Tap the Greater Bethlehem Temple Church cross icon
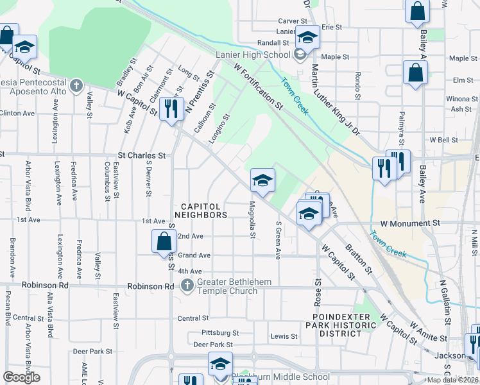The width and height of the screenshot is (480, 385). pos(187,285)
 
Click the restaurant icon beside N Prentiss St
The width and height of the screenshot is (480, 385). pos(171,109)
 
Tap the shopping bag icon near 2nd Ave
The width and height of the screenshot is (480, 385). pos(164,243)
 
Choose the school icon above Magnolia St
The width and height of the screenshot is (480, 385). pos(262,181)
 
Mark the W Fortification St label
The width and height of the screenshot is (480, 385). pos(259,84)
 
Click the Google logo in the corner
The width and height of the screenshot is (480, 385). pos(22,377)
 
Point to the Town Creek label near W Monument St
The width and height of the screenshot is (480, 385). pos(388,244)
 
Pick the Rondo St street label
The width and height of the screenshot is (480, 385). pos(358,86)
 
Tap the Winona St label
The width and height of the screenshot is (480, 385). pos(458,99)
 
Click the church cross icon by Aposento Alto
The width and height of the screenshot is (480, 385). pos(76,85)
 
